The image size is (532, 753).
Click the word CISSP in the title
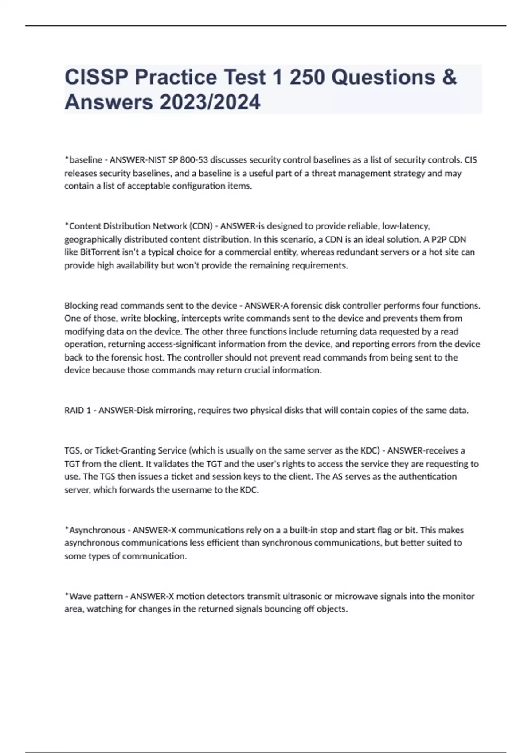pos(96,78)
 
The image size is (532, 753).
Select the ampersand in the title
pos(449,78)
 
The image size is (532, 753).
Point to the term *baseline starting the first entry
pos(83,160)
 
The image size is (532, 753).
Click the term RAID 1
pos(78,411)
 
